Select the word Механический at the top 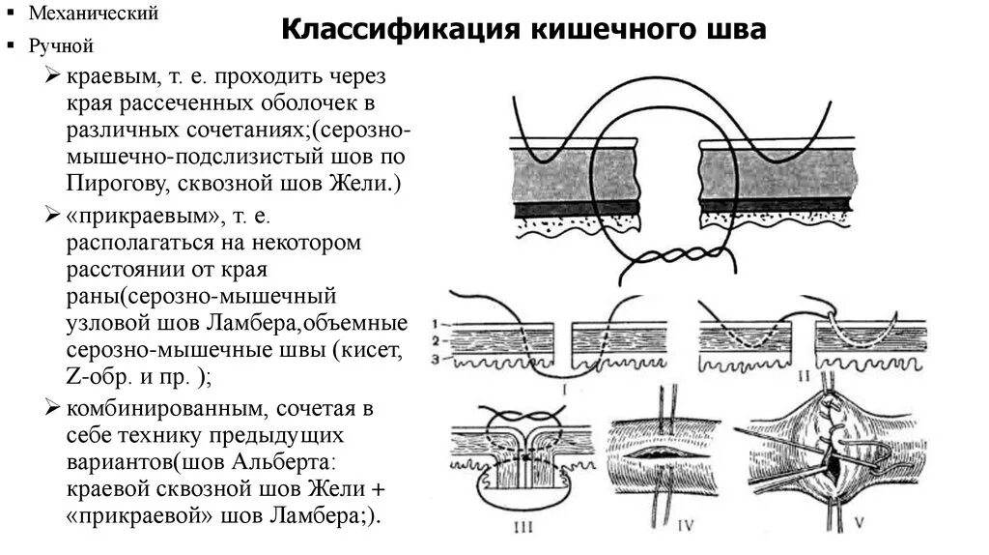[93, 14]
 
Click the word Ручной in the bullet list [61, 44]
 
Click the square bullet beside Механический [12, 15]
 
